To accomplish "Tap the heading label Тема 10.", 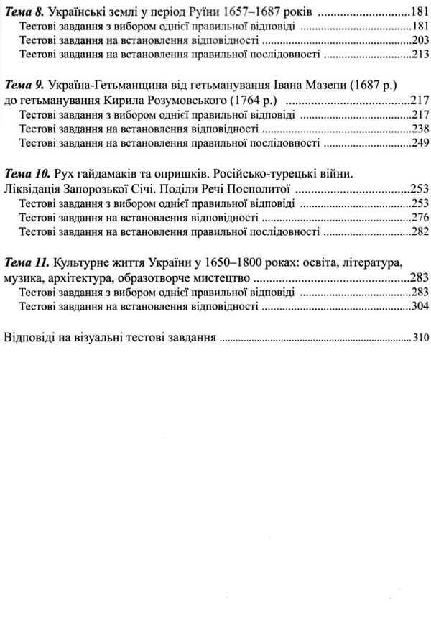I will click(27, 175).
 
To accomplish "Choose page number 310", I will click(421, 336).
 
